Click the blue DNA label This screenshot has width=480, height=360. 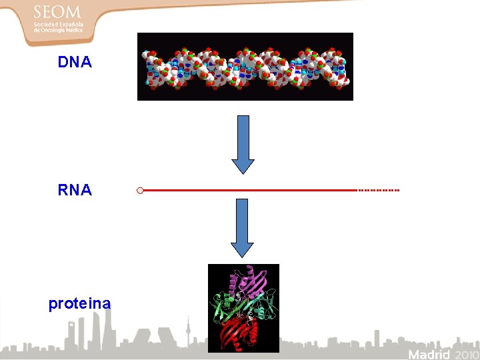coord(75,63)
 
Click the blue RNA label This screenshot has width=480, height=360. coord(75,190)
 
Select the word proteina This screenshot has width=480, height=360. coord(79,304)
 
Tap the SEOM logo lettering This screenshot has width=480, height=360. coord(57,13)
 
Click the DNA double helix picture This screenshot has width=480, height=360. coord(245,67)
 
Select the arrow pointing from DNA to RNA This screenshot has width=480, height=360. coord(243,143)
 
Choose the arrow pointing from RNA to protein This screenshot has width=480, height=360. coord(243,227)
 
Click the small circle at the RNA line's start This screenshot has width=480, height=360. coord(140,191)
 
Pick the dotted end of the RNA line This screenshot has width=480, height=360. coord(379,190)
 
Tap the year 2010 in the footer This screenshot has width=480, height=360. coord(464,353)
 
